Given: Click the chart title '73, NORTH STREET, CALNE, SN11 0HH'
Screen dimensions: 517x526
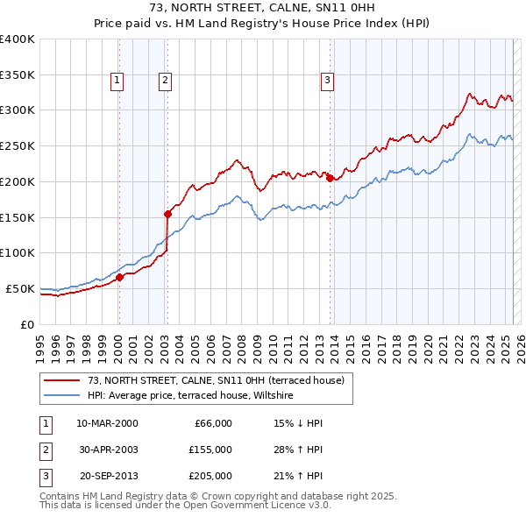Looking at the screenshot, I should (x=262, y=8).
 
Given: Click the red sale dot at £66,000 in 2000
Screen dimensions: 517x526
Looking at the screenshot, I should (x=119, y=278).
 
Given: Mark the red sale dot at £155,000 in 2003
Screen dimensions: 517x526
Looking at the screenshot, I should (x=167, y=213).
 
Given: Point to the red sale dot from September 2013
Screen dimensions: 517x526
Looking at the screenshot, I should (x=330, y=178).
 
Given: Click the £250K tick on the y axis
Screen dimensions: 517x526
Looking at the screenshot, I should (x=18, y=145).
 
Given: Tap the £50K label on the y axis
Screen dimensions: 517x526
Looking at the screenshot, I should (x=20, y=288).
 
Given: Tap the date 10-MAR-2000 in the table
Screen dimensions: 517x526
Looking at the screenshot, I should (x=107, y=423).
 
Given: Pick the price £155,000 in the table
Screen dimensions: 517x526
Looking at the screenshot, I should (x=210, y=450).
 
